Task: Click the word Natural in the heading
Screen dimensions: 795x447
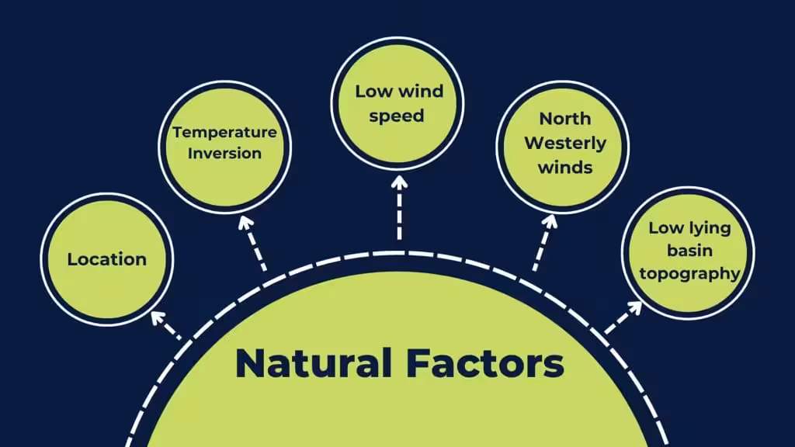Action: [x=314, y=363]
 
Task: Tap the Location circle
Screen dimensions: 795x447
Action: [x=107, y=259]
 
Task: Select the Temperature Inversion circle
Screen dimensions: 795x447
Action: [x=224, y=147]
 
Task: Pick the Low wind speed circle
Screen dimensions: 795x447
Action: [x=397, y=103]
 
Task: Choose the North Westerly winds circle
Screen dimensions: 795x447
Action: [x=563, y=147]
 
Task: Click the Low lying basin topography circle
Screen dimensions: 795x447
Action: [x=688, y=254]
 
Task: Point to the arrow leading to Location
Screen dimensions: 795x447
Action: [x=166, y=325]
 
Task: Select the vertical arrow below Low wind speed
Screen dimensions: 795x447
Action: [x=400, y=207]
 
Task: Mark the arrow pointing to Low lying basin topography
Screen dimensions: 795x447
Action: [x=623, y=317]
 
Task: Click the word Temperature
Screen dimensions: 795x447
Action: [x=224, y=133]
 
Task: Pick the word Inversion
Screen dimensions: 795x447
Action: [x=224, y=153]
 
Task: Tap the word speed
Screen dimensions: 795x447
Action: [x=397, y=116]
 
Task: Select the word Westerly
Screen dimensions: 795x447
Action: [x=565, y=144]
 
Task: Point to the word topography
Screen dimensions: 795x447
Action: [x=689, y=274]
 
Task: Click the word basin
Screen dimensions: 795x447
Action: [x=689, y=251]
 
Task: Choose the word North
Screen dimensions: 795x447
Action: [x=565, y=119]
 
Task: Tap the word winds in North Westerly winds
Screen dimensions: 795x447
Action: [x=565, y=168]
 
